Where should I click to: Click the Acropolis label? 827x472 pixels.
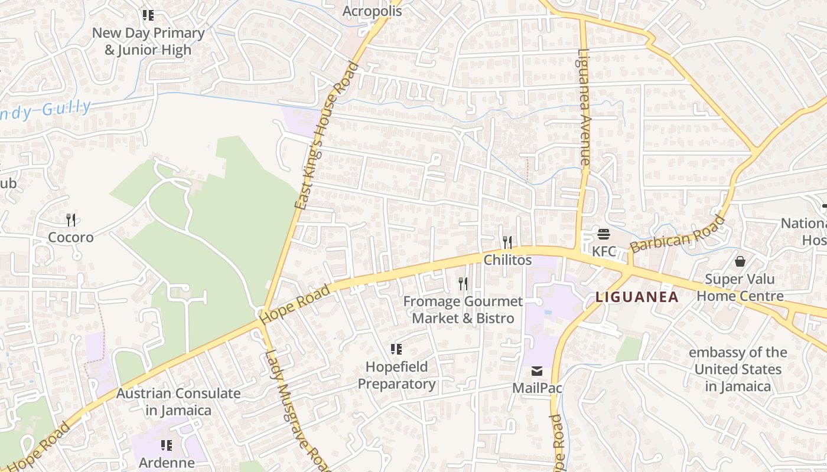[372, 11]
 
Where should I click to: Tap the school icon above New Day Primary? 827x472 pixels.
[148, 15]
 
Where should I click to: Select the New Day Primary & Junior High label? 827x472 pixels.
[148, 41]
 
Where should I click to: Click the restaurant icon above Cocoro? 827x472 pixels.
[71, 220]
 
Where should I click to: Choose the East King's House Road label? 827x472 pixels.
[327, 136]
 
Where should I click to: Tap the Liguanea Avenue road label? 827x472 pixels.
[584, 106]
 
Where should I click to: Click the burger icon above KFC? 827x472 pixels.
[603, 235]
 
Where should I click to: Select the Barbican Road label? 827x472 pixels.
[677, 234]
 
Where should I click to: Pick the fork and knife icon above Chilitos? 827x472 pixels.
[507, 242]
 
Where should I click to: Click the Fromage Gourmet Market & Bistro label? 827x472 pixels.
[463, 310]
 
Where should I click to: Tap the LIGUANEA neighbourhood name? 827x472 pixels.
[637, 297]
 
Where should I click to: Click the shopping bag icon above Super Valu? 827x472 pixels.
[740, 261]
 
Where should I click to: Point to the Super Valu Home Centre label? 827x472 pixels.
[740, 287]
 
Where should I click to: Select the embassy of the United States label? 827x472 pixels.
[738, 369]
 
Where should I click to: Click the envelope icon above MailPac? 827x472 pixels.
[536, 371]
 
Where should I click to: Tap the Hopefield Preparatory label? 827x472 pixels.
[396, 375]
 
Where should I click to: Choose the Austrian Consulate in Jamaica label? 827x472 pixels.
[178, 402]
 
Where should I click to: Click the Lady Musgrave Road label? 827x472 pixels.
[298, 410]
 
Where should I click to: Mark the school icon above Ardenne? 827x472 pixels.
[167, 445]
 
